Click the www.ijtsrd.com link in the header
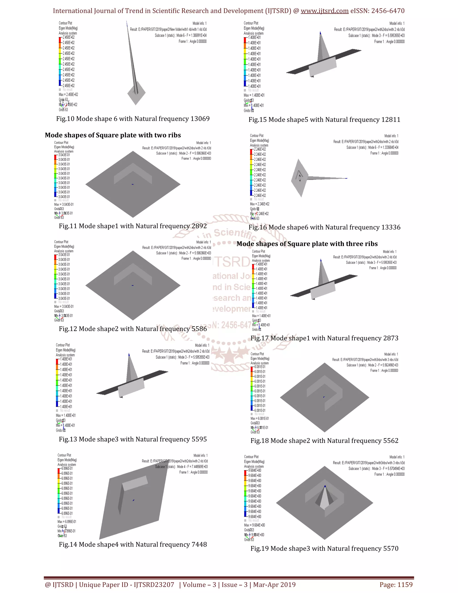click(324, 11)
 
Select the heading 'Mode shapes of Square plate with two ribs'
click(113, 135)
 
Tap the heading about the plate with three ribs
click(307, 244)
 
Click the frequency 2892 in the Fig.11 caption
click(199, 226)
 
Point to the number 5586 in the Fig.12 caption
click(199, 329)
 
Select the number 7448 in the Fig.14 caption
click(199, 544)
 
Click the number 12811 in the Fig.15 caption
click(391, 120)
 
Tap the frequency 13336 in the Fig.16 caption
click(391, 227)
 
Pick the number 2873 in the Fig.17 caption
click(391, 338)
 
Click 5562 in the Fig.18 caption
click(391, 441)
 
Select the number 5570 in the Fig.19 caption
click(391, 548)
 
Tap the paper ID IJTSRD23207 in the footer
click(154, 585)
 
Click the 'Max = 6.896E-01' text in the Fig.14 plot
click(67, 522)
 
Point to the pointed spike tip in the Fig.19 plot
click(325, 486)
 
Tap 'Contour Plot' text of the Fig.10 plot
click(65, 23)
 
